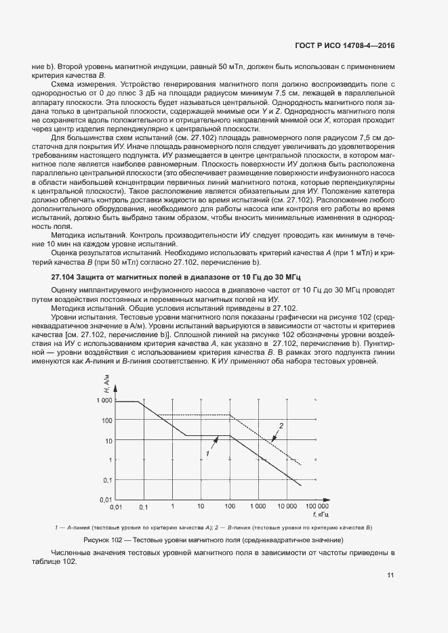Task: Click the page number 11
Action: click(x=390, y=575)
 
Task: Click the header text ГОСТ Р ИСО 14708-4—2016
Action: click(x=346, y=46)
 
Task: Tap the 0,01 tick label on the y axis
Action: click(x=104, y=499)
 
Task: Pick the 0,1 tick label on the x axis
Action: click(x=143, y=506)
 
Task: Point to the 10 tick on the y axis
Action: click(x=107, y=440)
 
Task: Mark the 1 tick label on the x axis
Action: click(x=172, y=506)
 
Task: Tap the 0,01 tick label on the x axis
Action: click(x=116, y=506)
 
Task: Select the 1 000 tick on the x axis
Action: click(x=258, y=506)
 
